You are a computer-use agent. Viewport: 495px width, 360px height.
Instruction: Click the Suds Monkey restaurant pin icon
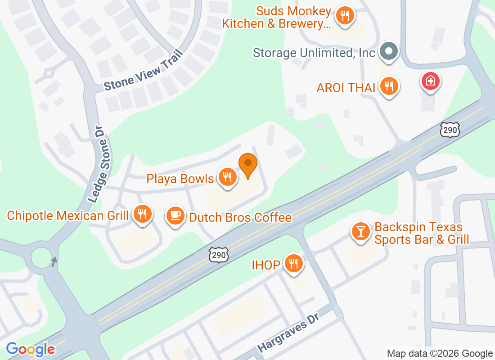click(345, 17)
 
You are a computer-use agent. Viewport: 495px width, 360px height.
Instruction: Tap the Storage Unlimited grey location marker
click(388, 52)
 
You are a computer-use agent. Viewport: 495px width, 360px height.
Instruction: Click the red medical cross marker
click(431, 81)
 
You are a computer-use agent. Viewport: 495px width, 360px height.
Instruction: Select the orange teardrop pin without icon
click(247, 165)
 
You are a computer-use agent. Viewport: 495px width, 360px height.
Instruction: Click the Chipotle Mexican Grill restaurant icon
click(143, 214)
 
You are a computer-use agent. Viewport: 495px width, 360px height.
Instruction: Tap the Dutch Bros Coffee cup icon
click(175, 216)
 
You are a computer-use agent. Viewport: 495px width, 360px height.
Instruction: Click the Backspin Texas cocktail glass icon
click(361, 232)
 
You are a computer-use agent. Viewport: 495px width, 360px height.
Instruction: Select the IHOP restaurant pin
click(294, 264)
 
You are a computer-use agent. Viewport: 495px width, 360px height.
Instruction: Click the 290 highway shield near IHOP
click(219, 254)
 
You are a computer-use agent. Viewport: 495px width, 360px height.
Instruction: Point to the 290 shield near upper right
click(450, 129)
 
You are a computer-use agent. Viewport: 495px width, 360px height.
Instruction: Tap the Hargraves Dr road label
click(288, 333)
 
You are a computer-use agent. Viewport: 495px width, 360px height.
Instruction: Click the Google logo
click(31, 349)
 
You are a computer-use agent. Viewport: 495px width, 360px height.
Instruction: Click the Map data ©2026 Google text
click(440, 354)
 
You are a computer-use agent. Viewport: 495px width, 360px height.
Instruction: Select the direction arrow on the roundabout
click(54, 261)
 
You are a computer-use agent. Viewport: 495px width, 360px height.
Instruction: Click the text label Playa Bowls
click(180, 179)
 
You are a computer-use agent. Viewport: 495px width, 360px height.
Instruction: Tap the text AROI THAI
click(346, 87)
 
